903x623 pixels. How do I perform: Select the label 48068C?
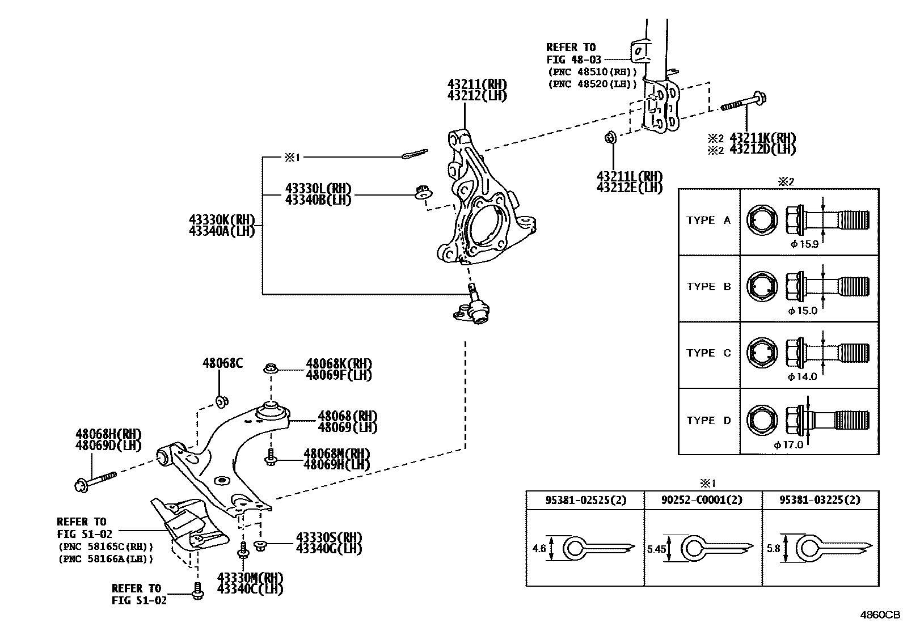click(222, 363)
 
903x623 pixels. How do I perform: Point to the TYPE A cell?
click(709, 221)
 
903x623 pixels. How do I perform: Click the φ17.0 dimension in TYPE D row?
click(788, 445)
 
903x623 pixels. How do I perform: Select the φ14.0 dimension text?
click(802, 376)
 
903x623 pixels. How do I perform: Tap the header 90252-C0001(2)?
click(702, 500)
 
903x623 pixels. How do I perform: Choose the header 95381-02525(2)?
click(586, 500)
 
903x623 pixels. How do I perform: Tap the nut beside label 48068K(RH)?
click(271, 369)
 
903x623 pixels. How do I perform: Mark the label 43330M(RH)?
click(250, 578)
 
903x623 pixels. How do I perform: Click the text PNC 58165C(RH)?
click(106, 547)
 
